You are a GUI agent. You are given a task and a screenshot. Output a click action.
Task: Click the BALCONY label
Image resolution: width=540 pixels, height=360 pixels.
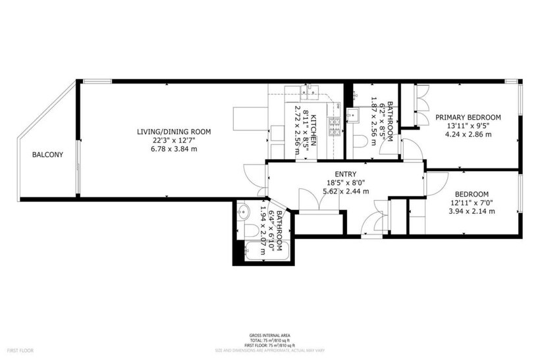coord(47,155)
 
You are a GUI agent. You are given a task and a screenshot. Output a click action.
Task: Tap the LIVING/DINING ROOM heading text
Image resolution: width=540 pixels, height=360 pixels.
coord(173,132)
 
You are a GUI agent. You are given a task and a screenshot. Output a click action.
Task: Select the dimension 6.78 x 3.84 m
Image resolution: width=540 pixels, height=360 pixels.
coord(173,149)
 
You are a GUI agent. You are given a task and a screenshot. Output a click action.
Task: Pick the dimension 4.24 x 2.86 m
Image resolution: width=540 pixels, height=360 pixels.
coord(468,134)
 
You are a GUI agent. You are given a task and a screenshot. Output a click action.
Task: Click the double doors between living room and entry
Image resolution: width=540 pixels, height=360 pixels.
coord(257,178)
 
